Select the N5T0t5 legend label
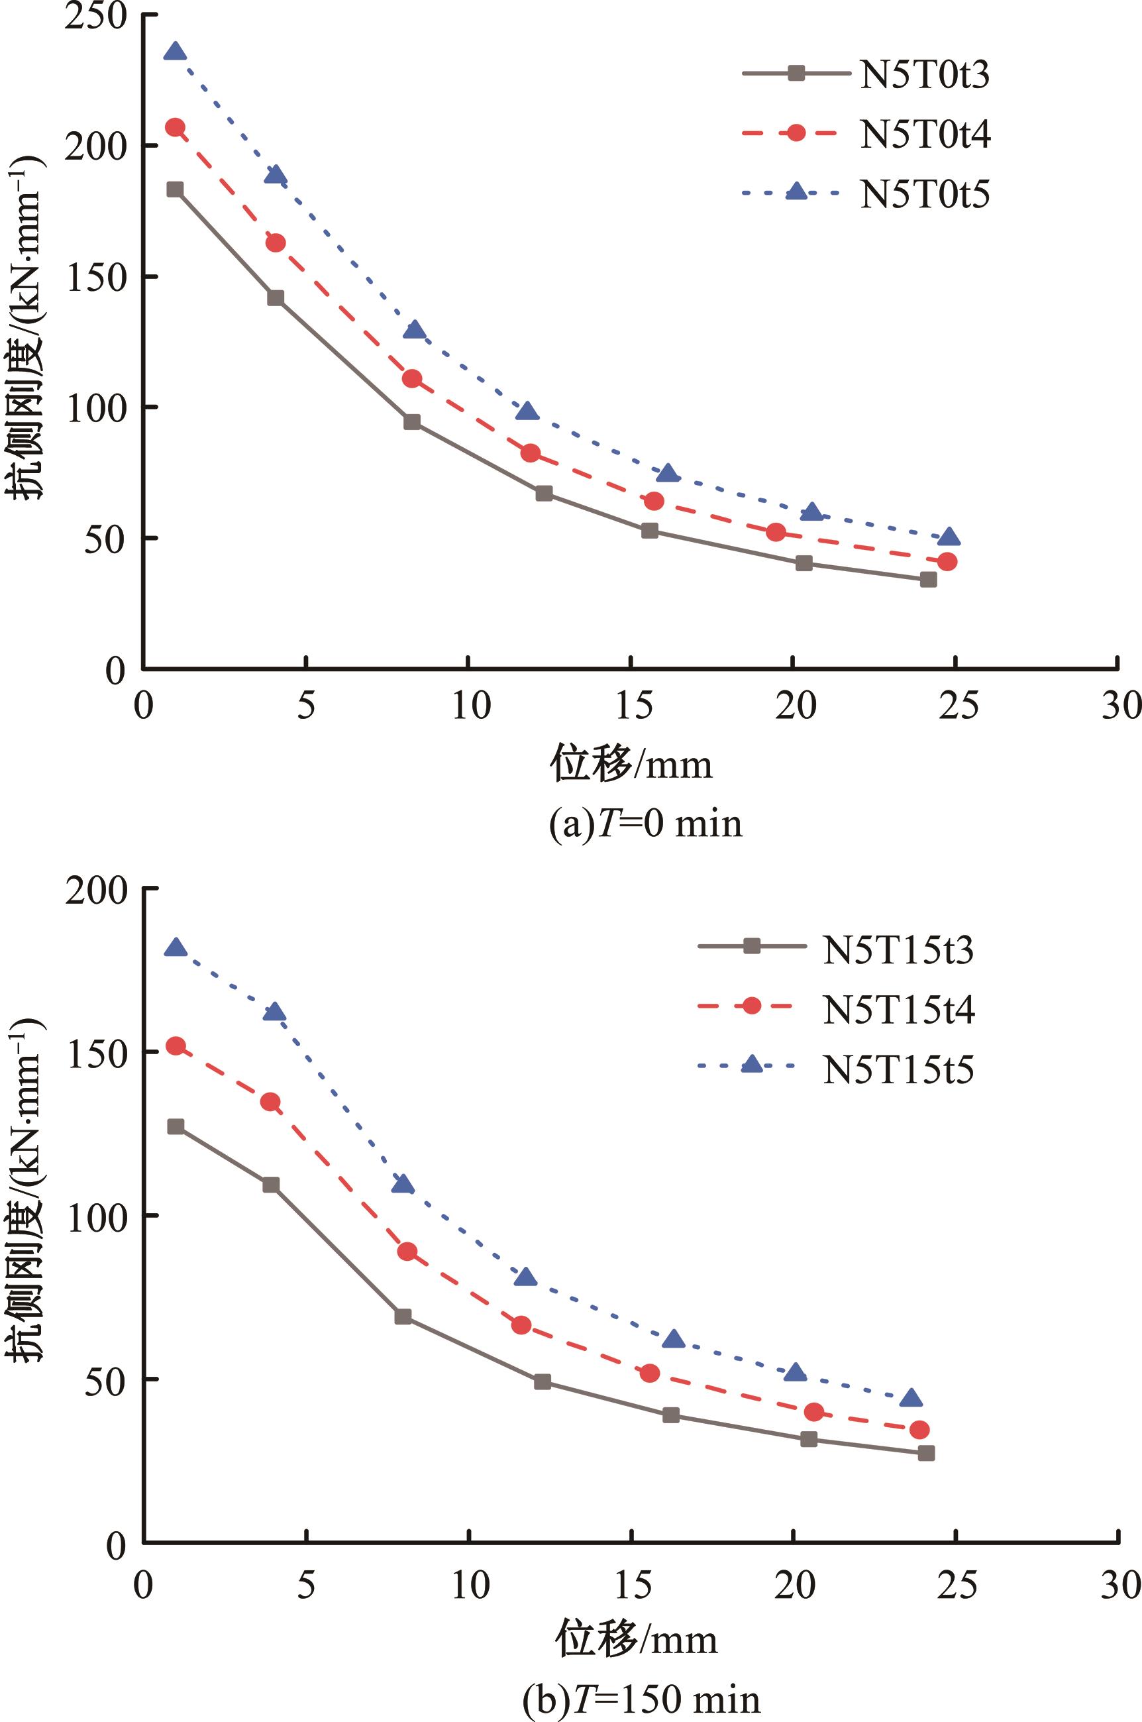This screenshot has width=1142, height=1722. click(924, 193)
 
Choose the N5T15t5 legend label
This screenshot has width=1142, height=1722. click(898, 1069)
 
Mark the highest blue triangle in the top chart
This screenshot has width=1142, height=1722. click(175, 52)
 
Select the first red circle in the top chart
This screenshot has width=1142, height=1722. click(175, 127)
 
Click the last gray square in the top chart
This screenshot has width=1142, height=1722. click(928, 580)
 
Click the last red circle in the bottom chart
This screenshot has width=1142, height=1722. click(920, 1430)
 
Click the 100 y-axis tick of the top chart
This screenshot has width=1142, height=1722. click(95, 408)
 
